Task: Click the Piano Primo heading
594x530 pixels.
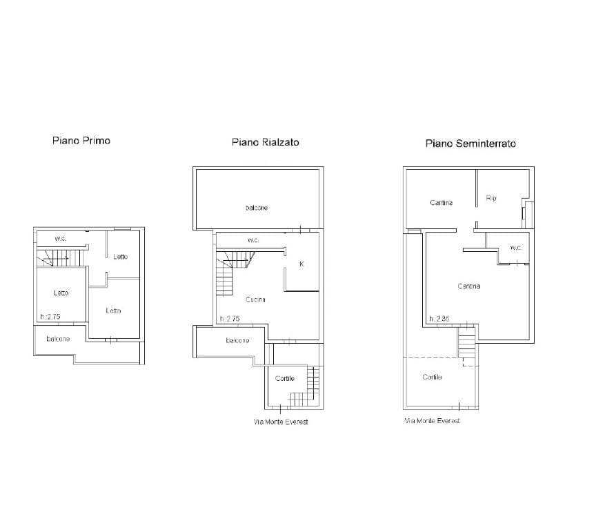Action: [81, 141]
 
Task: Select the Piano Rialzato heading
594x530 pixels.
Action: [266, 142]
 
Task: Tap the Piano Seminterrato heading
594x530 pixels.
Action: [471, 144]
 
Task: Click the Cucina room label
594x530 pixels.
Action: [255, 300]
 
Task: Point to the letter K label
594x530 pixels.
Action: [301, 264]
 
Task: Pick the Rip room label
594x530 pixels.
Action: [491, 198]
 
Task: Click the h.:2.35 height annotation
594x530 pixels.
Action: [439, 319]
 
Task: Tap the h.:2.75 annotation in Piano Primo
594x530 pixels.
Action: [50, 317]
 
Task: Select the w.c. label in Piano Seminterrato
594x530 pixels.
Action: [516, 248]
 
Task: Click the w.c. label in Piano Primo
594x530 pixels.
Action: [61, 239]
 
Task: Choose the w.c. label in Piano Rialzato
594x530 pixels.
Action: [253, 240]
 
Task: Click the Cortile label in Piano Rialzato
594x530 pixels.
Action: [285, 378]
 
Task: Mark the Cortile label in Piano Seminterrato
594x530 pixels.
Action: [433, 377]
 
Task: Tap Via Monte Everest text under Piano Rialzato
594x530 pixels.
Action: [281, 422]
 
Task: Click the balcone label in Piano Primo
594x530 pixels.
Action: [58, 339]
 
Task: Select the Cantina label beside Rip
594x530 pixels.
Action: [442, 203]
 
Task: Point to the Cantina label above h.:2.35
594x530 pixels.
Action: [469, 286]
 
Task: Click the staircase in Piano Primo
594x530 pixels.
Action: [61, 258]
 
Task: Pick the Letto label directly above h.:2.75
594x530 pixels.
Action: [61, 293]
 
